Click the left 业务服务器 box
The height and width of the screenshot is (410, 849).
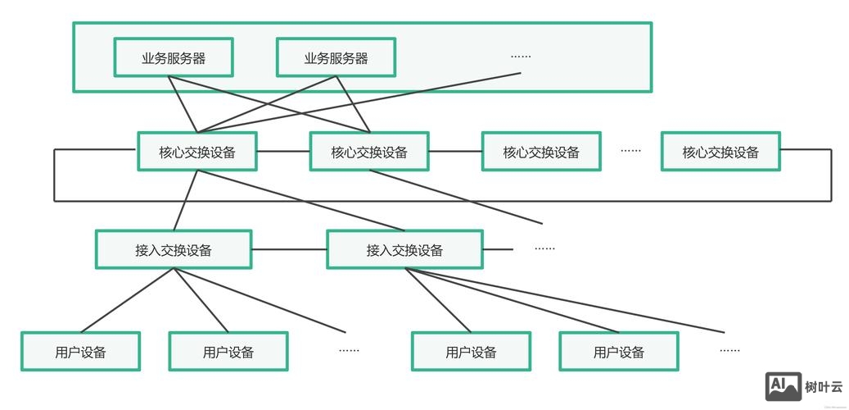tap(174, 57)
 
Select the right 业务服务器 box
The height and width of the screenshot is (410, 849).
tap(336, 57)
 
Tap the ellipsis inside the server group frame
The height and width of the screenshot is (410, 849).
tap(521, 57)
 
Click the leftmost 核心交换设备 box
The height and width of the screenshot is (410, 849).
tap(197, 152)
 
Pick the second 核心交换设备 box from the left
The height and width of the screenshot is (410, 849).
tap(369, 152)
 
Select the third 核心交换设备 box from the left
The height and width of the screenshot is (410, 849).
tap(541, 152)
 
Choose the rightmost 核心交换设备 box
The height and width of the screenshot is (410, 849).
tap(720, 152)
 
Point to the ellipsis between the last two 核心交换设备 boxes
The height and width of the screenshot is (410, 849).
tap(630, 151)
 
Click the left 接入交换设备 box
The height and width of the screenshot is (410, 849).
tap(174, 249)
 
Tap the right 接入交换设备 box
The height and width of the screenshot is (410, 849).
tap(404, 249)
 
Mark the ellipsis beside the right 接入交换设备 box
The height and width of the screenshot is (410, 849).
tap(544, 248)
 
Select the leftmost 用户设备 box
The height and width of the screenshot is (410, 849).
tap(80, 352)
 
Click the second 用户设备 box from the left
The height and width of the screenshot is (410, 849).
tap(228, 352)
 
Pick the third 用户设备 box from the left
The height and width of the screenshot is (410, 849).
tap(471, 352)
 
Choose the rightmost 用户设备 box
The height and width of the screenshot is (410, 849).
tap(619, 352)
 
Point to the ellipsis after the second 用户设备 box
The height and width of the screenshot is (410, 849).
tap(349, 351)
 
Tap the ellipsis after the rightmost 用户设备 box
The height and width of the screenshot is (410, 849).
tap(729, 351)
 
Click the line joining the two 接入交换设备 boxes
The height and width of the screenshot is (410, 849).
tap(289, 249)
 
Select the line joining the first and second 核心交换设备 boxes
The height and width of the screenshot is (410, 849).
tap(283, 152)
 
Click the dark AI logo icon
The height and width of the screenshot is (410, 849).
tap(784, 386)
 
